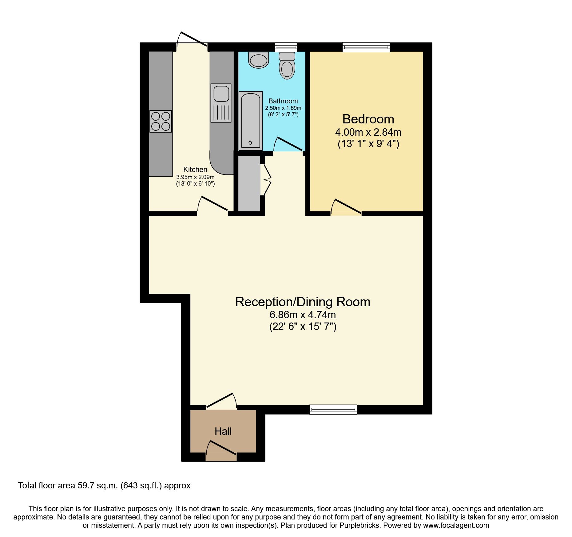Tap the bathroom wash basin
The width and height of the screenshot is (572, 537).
click(x=258, y=60)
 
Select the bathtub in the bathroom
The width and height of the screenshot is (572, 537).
click(x=251, y=121)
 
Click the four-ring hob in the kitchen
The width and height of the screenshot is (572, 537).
click(x=161, y=121)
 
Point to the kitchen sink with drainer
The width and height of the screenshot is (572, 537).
click(x=221, y=103)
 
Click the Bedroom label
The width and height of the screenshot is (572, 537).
click(x=368, y=119)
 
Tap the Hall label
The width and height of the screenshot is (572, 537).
click(x=223, y=431)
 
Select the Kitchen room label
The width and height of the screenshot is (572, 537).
click(x=195, y=170)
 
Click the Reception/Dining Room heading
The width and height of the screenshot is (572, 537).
click(x=303, y=302)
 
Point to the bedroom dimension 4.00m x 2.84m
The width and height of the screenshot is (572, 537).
click(x=368, y=132)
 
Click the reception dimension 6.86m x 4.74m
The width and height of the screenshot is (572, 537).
click(x=303, y=315)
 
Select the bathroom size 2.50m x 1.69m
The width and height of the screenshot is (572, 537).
click(x=283, y=108)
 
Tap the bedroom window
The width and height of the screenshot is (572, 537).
click(x=366, y=47)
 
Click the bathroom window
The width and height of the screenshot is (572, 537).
click(x=286, y=47)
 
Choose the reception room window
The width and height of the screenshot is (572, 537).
click(x=333, y=409)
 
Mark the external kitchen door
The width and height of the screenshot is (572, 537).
click(x=194, y=39)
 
